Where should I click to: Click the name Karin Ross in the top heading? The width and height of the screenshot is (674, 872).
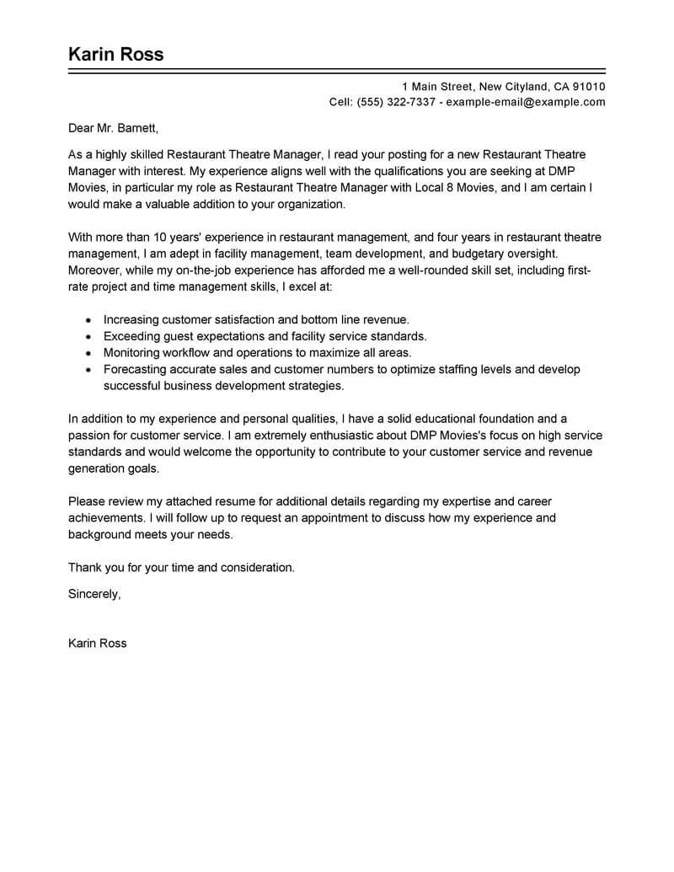[115, 55]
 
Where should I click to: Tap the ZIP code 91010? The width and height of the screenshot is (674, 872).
[589, 87]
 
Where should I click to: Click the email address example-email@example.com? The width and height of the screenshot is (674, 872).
[525, 103]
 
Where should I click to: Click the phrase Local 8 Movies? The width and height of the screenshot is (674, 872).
[454, 187]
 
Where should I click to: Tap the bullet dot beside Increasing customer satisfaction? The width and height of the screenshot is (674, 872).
[88, 321]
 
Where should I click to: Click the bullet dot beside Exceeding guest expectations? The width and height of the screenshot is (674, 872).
[88, 337]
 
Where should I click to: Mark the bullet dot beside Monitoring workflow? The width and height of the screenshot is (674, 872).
[88, 353]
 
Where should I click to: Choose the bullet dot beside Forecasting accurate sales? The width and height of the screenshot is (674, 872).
[88, 370]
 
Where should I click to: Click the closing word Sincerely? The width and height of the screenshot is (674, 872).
[94, 594]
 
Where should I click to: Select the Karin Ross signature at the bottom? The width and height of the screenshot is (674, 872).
[97, 643]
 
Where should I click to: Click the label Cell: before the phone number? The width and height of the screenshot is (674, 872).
[341, 103]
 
